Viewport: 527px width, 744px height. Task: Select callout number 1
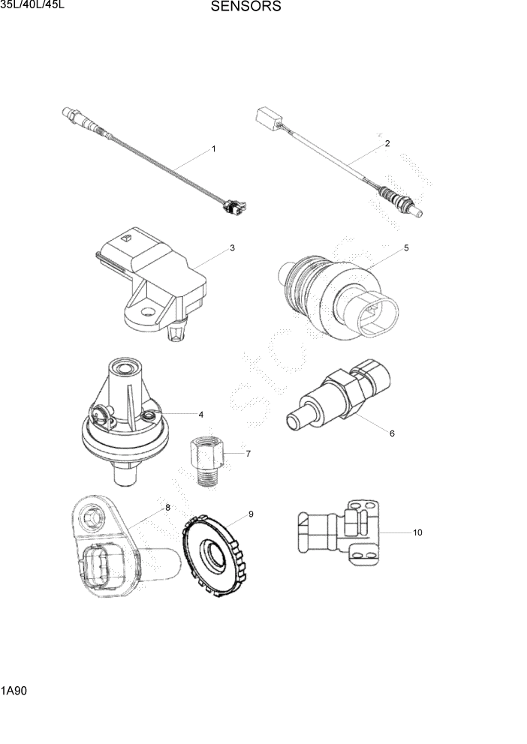pos(214,149)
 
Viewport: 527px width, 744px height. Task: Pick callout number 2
pos(387,143)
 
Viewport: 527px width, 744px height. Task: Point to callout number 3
pos(233,248)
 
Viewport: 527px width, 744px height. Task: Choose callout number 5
pos(406,247)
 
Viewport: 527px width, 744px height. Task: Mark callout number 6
pos(391,433)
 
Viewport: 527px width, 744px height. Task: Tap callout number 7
pos(248,453)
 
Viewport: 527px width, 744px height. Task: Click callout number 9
pos(251,514)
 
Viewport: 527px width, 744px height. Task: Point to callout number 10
pos(417,532)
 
